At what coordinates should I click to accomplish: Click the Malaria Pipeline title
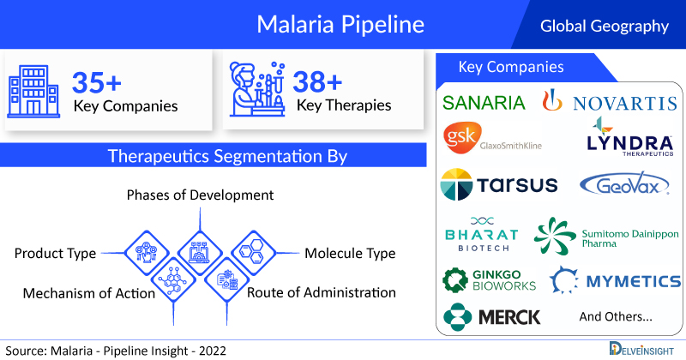pos(340,25)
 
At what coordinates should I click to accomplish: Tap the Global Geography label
pos(605,26)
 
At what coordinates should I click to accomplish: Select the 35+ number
pos(97,82)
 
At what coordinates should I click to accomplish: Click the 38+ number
pos(317,81)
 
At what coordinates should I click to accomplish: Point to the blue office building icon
pos(33,92)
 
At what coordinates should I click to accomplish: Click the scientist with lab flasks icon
pos(257,89)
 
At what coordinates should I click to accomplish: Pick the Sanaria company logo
pos(484,103)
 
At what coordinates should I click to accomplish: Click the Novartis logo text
pos(625,104)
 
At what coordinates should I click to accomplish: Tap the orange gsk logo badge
pos(462,137)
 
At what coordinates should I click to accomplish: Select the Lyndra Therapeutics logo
pos(630,136)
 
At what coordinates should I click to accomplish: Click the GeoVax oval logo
pos(624,185)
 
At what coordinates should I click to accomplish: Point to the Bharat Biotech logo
pos(482,234)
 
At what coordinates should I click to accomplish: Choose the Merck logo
pos(491,316)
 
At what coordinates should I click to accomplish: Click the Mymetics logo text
pos(634,281)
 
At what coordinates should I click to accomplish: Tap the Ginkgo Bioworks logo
pos(489,280)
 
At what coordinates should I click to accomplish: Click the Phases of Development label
pos(200,195)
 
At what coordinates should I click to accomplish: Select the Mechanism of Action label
pos(89,293)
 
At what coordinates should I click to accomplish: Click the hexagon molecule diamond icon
pos(252,253)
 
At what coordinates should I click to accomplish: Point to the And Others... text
pos(616,316)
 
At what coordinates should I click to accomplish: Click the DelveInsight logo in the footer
pos(641,349)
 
